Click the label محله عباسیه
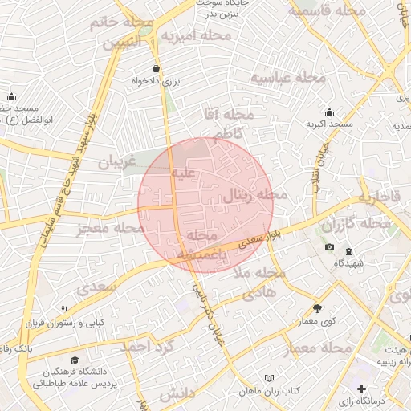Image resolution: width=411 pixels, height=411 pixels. (x=288, y=78)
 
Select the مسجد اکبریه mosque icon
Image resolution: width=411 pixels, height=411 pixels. (x=329, y=112)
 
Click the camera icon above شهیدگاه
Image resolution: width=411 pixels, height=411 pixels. (x=329, y=246)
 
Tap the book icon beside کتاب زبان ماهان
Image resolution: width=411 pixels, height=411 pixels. (x=269, y=377)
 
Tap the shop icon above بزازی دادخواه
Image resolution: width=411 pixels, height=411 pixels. (x=155, y=68)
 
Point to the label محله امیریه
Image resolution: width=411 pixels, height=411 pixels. (x=195, y=36)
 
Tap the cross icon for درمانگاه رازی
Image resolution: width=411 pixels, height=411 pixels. (x=361, y=389)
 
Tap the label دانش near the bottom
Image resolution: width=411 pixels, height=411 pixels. (x=177, y=394)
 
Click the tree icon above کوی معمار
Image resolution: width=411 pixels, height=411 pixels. (x=317, y=307)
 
